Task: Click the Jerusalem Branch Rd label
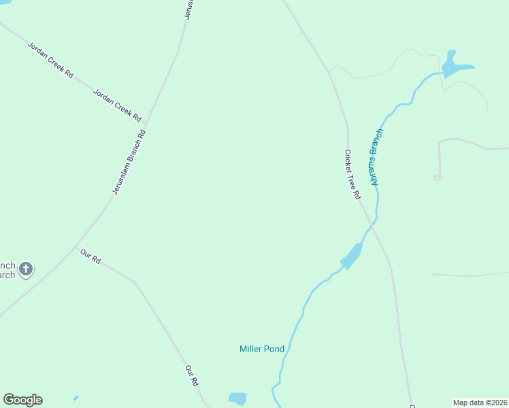click(x=129, y=163)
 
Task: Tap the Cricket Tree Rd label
click(x=352, y=174)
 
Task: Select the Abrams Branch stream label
click(x=374, y=156)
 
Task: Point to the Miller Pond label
click(x=262, y=349)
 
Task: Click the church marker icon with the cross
click(x=26, y=269)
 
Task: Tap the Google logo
click(x=22, y=400)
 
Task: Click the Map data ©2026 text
click(x=480, y=403)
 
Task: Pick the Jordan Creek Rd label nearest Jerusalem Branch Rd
click(x=116, y=105)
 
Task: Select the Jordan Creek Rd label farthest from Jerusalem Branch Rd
click(x=50, y=60)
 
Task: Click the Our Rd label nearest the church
click(x=90, y=257)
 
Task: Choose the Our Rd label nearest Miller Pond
click(x=192, y=376)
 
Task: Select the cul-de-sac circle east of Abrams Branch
click(x=436, y=177)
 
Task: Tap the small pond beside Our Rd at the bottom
click(x=237, y=398)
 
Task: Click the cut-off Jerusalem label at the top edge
click(x=189, y=9)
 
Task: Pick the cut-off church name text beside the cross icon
click(x=7, y=270)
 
